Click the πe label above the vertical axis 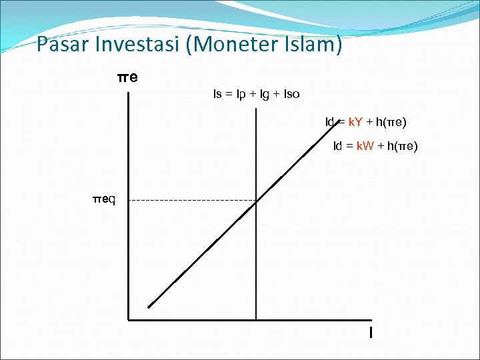127,77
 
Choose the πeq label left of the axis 104,199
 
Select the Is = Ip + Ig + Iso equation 256,94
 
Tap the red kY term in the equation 355,122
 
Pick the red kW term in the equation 365,146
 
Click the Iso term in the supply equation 292,94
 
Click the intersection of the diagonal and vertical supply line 256,200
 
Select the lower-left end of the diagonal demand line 149,307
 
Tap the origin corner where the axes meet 128,320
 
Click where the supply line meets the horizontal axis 256,320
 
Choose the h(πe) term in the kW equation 403,146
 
